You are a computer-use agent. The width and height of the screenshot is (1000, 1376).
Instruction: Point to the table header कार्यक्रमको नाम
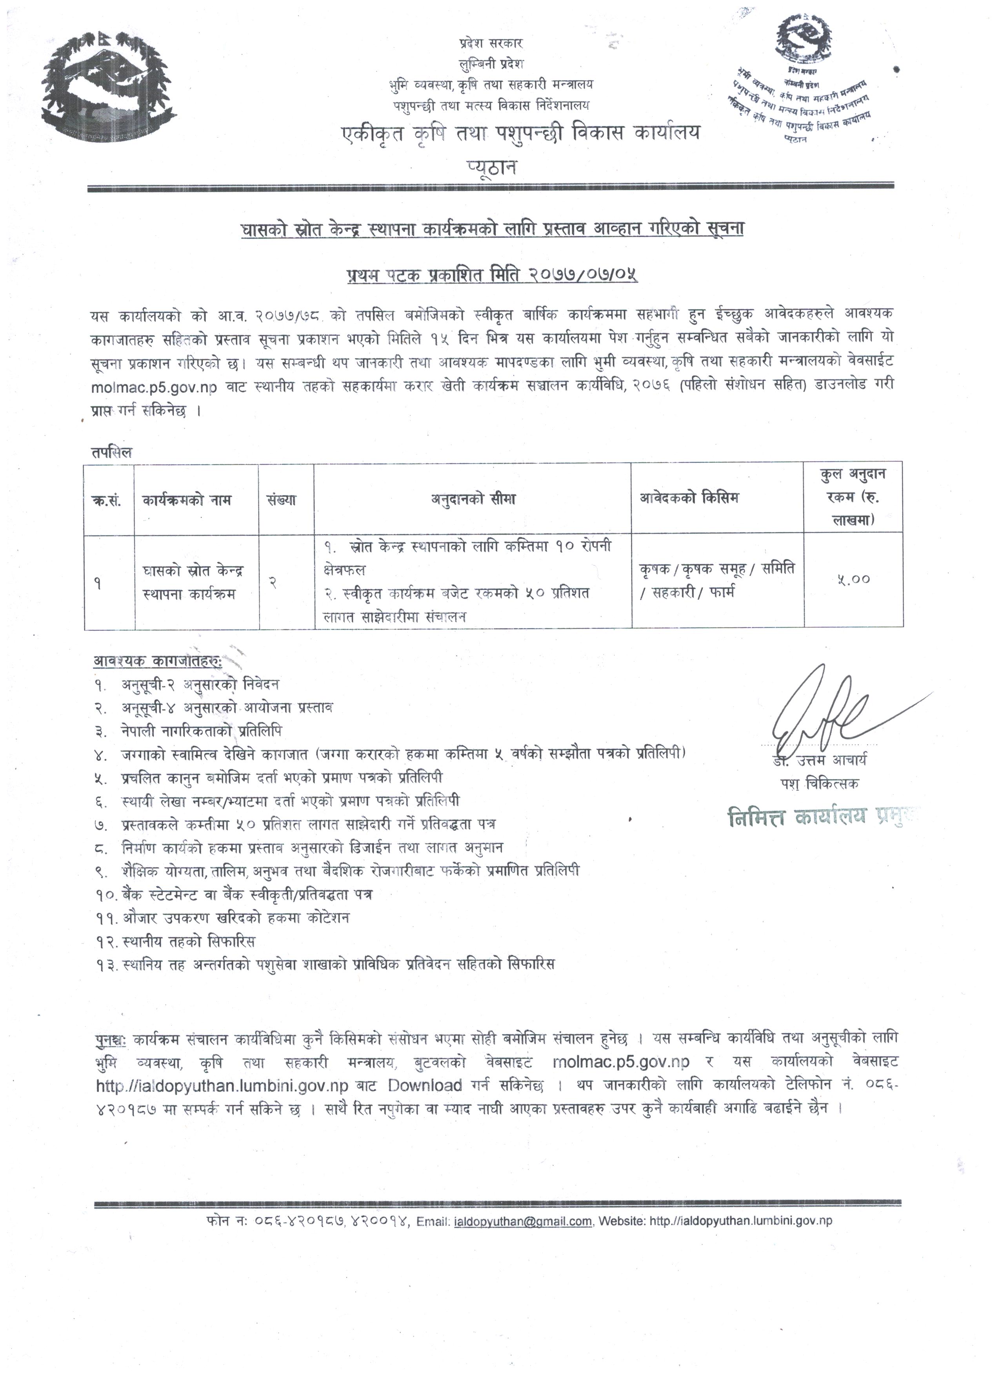187,500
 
